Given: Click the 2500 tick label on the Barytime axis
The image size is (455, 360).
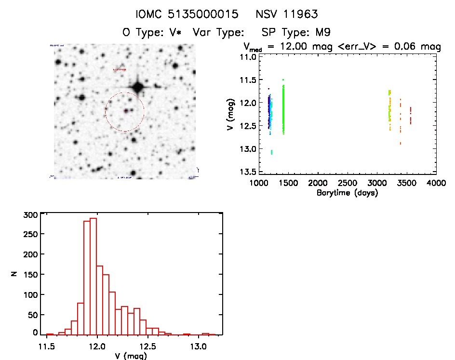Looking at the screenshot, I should tap(347, 184).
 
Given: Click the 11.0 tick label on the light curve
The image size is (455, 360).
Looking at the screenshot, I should tap(249, 57).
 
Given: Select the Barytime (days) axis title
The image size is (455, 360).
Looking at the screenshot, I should tap(347, 193).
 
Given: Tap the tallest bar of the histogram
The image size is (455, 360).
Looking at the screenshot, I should tap(94, 276).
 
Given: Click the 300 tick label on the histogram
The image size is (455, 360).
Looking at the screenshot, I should tap(29, 215).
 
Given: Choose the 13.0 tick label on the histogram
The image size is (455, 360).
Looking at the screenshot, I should tap(198, 346).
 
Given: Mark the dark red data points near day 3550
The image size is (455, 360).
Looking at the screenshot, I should tap(410, 116).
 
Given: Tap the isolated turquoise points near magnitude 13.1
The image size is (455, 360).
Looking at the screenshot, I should tap(272, 152).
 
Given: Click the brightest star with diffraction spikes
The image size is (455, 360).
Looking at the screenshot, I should tap(138, 88).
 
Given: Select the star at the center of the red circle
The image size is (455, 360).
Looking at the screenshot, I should tap(126, 111).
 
